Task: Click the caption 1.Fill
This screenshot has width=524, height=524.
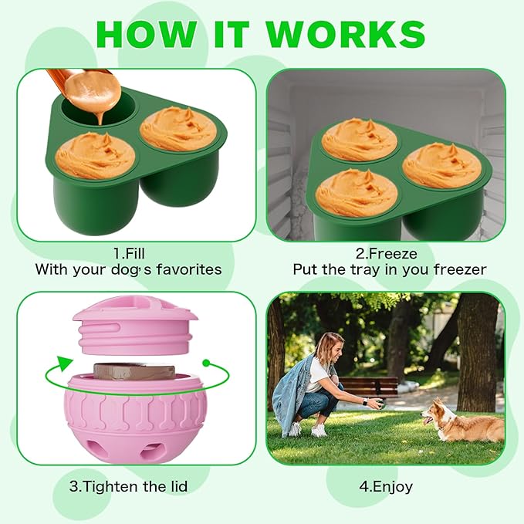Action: (128, 252)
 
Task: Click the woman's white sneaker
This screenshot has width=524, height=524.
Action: (319, 431)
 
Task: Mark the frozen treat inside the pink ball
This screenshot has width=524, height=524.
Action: (128, 371)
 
